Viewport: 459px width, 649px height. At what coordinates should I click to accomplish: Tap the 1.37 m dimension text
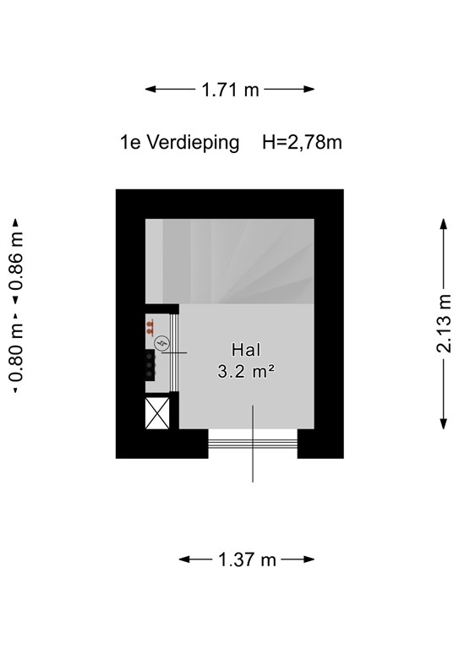point(247,559)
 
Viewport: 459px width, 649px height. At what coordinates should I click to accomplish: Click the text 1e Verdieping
point(180,143)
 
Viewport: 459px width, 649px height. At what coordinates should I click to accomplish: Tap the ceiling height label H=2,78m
point(302,143)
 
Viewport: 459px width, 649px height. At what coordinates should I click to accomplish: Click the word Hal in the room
point(245,350)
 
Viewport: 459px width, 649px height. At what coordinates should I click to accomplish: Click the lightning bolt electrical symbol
point(162,343)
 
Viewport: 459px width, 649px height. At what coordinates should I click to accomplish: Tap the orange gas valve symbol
point(150,324)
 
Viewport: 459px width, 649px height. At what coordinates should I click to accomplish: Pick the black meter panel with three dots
point(150,364)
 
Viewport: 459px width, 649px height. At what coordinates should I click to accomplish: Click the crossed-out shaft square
point(158,413)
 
